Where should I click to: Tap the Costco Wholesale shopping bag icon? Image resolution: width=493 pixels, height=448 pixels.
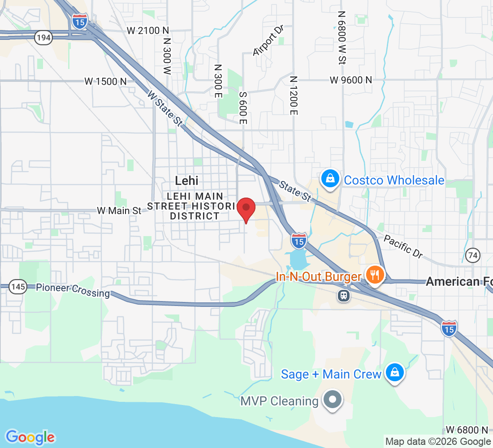[x=330, y=179]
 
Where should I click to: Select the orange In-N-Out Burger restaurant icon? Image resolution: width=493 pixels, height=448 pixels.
[x=373, y=274]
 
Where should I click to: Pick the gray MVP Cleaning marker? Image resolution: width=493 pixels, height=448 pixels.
[x=333, y=399]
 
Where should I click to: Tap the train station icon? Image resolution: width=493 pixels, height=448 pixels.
[x=344, y=295]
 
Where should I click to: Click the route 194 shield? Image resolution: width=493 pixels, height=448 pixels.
[x=43, y=38]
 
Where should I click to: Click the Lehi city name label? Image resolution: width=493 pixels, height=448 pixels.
[x=186, y=181]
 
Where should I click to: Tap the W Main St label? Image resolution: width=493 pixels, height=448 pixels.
[x=119, y=210]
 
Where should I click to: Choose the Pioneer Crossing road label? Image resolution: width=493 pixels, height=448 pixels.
[x=73, y=290]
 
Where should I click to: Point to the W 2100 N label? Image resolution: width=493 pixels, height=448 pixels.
[x=148, y=30]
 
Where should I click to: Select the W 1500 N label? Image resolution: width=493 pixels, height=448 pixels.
[x=106, y=82]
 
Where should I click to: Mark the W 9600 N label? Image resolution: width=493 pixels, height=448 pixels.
[x=351, y=80]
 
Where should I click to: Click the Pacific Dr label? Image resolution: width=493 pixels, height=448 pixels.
[x=403, y=247]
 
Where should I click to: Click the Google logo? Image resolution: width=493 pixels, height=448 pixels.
[x=30, y=437]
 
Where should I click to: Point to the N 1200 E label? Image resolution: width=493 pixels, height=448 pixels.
[x=294, y=95]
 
